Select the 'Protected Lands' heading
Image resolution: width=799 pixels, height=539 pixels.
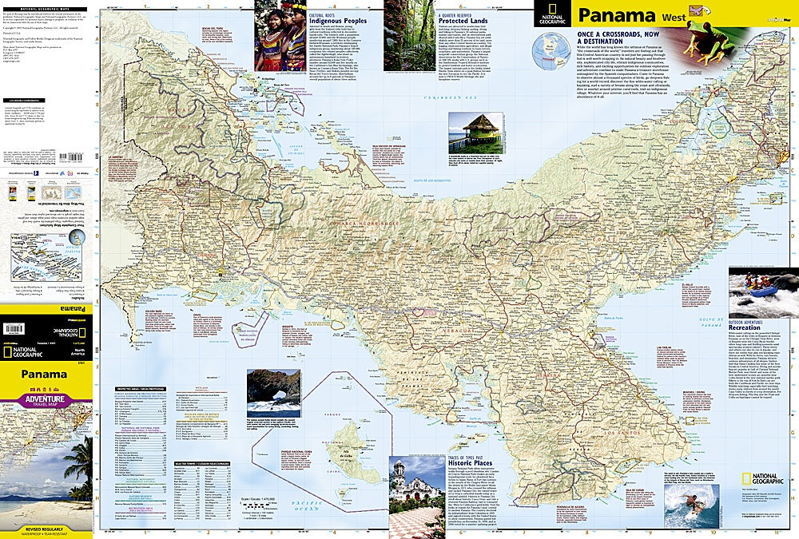464,22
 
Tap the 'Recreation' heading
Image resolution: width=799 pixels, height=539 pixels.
748,328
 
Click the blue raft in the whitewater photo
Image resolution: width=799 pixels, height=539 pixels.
763,291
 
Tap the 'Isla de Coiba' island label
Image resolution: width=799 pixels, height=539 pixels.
348,456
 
